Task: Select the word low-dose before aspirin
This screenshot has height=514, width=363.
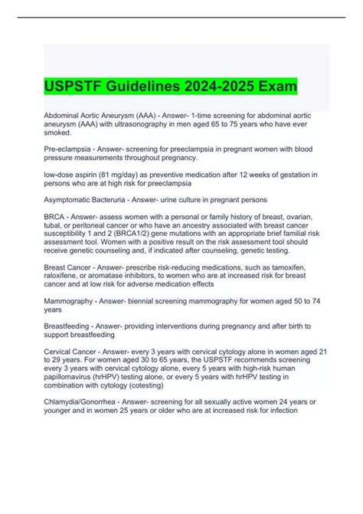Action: pyautogui.click(x=61, y=175)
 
